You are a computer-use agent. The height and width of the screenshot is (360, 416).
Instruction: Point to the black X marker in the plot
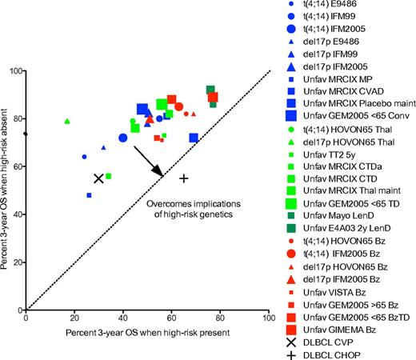coord(98,178)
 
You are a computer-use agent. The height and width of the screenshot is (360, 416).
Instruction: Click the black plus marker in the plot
coord(184,178)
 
